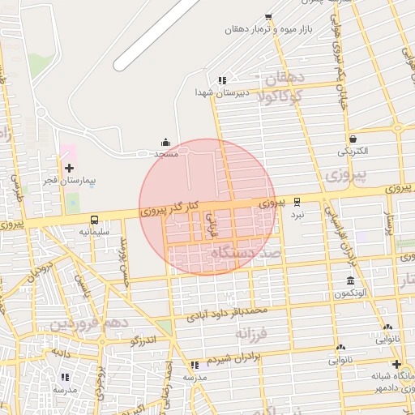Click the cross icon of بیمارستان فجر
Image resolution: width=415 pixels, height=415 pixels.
coord(69,167)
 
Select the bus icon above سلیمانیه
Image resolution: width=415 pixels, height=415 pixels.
coord(95,220)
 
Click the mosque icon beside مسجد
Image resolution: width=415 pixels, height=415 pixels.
coord(166,142)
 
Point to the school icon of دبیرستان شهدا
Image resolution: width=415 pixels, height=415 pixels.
coord(222,80)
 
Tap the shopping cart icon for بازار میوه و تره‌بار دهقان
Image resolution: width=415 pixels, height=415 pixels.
coord(268,17)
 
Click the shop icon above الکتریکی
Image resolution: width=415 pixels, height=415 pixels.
coord(353,139)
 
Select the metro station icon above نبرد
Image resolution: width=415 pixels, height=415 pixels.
coord(297,202)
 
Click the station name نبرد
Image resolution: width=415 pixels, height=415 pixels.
coord(297,215)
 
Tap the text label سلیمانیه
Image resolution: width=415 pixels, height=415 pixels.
coord(94,232)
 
